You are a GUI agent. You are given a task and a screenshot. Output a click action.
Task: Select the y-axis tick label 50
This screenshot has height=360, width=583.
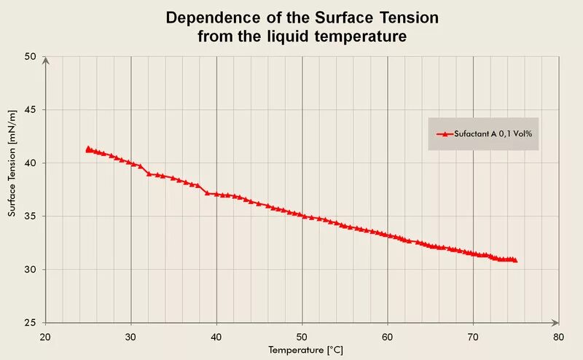click(x=31, y=57)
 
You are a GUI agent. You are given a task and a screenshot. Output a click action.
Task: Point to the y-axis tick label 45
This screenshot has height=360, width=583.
click(x=31, y=110)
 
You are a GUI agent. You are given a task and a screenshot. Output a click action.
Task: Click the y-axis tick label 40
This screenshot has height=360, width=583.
click(x=31, y=163)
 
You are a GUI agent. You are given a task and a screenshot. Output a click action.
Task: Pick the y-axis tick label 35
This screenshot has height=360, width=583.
click(x=31, y=216)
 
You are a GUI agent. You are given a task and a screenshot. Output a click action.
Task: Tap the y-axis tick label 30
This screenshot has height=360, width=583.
click(x=31, y=270)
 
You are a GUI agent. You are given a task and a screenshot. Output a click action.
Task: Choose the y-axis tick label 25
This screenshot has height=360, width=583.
click(x=31, y=323)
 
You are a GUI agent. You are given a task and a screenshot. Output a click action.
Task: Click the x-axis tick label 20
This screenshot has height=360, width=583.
click(x=45, y=337)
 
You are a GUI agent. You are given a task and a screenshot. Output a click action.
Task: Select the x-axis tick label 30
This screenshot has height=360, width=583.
click(x=131, y=337)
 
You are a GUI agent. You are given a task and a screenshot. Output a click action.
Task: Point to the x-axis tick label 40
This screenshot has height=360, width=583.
click(x=216, y=337)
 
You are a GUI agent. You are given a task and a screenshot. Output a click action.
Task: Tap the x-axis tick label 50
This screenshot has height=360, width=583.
click(x=302, y=337)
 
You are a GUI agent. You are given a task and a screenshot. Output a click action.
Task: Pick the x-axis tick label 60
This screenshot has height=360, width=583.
click(x=388, y=337)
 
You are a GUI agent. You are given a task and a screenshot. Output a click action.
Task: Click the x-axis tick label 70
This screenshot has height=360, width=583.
click(x=473, y=337)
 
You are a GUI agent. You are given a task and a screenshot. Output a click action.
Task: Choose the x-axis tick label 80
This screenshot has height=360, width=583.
click(x=558, y=337)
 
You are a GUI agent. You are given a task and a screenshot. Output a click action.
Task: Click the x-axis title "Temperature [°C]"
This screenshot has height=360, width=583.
click(x=305, y=351)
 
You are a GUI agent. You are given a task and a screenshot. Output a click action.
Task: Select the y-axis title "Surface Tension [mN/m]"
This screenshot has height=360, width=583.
click(x=12, y=163)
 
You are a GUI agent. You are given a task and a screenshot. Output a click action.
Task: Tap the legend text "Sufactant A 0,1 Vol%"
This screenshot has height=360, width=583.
click(x=492, y=134)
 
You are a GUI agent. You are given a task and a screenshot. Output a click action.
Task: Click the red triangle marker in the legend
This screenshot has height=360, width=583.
click(x=444, y=134)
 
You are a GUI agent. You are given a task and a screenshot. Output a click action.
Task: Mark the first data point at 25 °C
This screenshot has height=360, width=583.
click(x=88, y=149)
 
